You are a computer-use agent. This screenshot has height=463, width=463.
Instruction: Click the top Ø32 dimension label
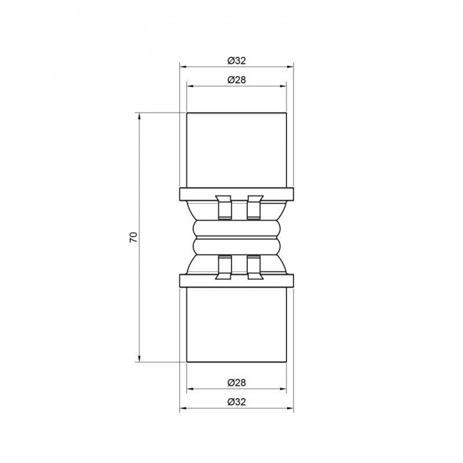click(x=236, y=61)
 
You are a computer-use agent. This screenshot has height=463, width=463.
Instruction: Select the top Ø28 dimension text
click(x=236, y=79)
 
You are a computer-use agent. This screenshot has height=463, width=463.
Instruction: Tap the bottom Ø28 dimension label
click(x=236, y=383)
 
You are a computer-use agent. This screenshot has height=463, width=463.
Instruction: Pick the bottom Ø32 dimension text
click(x=236, y=402)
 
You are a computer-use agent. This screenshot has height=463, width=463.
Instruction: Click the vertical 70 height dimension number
click(x=133, y=238)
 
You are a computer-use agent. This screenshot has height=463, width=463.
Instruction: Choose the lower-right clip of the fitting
click(x=254, y=268)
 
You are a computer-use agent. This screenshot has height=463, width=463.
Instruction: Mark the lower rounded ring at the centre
click(x=236, y=245)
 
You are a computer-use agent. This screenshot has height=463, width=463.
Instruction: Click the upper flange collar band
click(x=236, y=194)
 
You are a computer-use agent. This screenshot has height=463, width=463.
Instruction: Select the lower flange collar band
click(x=236, y=281)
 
